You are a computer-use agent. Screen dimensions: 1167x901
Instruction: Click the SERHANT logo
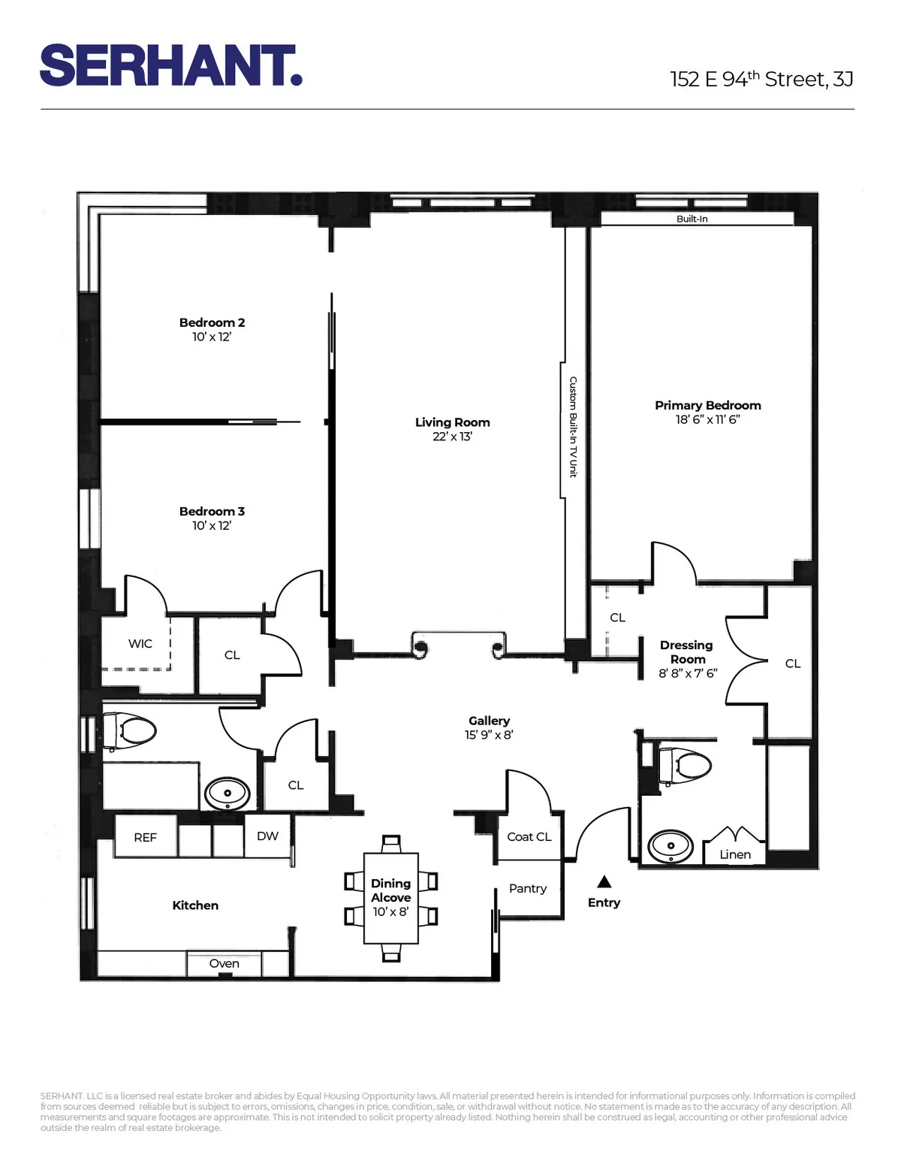[170, 65]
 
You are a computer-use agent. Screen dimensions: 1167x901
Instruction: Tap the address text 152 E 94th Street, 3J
[761, 79]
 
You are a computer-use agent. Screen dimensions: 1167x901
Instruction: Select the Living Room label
[452, 422]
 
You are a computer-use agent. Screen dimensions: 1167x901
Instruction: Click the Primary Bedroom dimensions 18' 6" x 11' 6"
[707, 420]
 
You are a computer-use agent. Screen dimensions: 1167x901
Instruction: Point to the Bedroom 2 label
[212, 322]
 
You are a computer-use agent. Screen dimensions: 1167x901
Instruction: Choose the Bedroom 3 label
[212, 511]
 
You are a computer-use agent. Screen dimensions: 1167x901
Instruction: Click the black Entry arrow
[604, 881]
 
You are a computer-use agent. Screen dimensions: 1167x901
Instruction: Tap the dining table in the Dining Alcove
[390, 898]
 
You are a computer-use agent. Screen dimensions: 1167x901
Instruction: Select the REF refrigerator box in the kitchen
[146, 837]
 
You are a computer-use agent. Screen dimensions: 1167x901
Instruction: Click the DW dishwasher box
[267, 836]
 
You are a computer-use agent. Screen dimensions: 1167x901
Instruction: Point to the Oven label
[224, 963]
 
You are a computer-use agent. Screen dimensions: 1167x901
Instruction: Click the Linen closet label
[734, 854]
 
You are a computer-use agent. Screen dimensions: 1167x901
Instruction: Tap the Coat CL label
[529, 836]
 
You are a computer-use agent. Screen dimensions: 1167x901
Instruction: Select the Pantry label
[527, 888]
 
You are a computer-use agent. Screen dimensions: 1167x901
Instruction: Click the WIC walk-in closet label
[140, 643]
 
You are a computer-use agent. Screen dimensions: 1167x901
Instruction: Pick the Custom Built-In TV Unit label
[572, 427]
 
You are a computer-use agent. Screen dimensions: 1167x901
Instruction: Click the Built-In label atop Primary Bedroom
[692, 219]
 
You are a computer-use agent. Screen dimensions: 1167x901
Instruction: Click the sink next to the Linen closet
[670, 846]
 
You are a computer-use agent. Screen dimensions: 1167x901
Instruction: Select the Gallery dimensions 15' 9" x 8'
[488, 735]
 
